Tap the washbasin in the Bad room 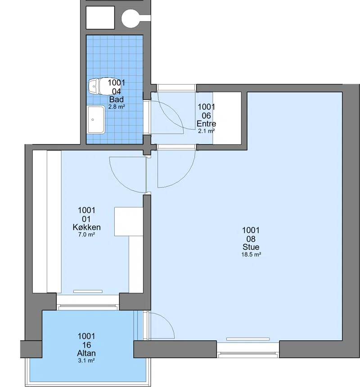[96, 120]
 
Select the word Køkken [86, 227]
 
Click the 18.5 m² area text [251, 254]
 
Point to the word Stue [251, 247]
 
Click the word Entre [206, 123]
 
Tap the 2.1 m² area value [206, 131]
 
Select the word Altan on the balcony [86, 353]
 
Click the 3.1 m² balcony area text [86, 360]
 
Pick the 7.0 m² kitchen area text [86, 234]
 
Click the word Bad [117, 99]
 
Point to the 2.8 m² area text [117, 107]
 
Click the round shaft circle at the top [131, 18]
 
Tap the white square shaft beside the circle [100, 18]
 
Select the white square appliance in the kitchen [129, 221]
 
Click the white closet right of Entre [227, 118]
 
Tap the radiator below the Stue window [248, 339]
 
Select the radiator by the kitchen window [88, 292]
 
